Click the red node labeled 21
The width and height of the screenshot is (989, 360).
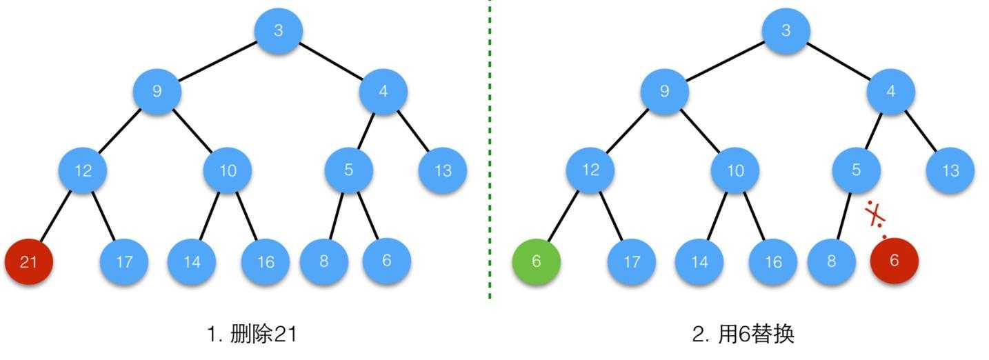click(29, 261)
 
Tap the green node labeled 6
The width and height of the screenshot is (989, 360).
click(536, 261)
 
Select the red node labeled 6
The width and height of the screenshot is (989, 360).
click(895, 260)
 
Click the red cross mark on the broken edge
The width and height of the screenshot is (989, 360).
click(876, 214)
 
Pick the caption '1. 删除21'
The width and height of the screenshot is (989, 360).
click(252, 334)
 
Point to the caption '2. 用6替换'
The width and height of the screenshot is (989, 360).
click(743, 334)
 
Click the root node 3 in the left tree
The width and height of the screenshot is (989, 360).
click(279, 30)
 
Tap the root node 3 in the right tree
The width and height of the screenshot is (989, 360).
click(786, 30)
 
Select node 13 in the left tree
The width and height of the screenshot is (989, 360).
click(443, 170)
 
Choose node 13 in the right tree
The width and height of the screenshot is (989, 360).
click(950, 170)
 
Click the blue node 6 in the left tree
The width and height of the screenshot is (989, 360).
click(386, 260)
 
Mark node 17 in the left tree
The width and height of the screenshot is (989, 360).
click(124, 261)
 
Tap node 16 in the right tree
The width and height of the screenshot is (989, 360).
click(773, 261)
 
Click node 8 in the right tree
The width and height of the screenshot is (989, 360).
click(831, 261)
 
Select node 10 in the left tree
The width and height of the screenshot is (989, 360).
click(228, 170)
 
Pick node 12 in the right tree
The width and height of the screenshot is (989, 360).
click(590, 170)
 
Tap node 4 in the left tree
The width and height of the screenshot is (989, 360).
click(383, 91)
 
